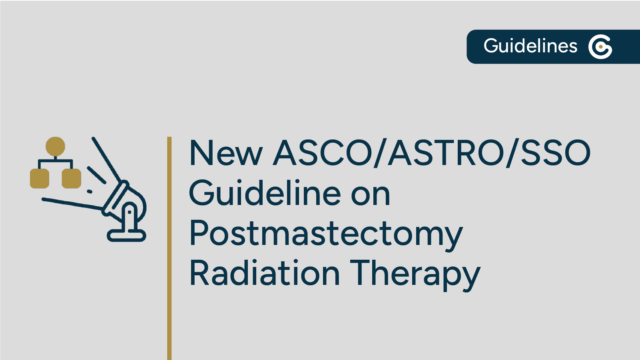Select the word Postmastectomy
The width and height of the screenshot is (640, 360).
pos(326,234)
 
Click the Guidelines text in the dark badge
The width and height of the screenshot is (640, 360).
pos(530,46)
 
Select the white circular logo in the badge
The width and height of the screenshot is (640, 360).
pos(600,47)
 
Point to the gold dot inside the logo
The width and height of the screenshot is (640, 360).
pos(600,47)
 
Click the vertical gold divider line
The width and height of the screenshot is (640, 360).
pos(169,248)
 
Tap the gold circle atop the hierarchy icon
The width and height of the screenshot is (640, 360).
pos(55,146)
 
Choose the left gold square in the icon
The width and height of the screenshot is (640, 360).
pos(40,178)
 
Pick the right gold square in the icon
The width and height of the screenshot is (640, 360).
pos(71,178)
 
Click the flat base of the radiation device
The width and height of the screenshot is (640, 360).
pos(126,235)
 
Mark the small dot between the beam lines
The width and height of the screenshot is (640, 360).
pos(90,191)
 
